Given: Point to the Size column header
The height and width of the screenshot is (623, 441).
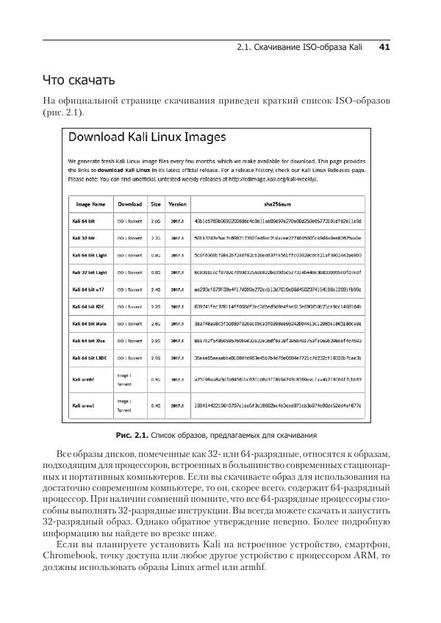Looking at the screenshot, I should [156, 204].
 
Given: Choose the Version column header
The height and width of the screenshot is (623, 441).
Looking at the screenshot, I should [177, 204].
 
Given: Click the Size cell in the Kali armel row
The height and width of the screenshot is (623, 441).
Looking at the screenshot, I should [156, 405].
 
